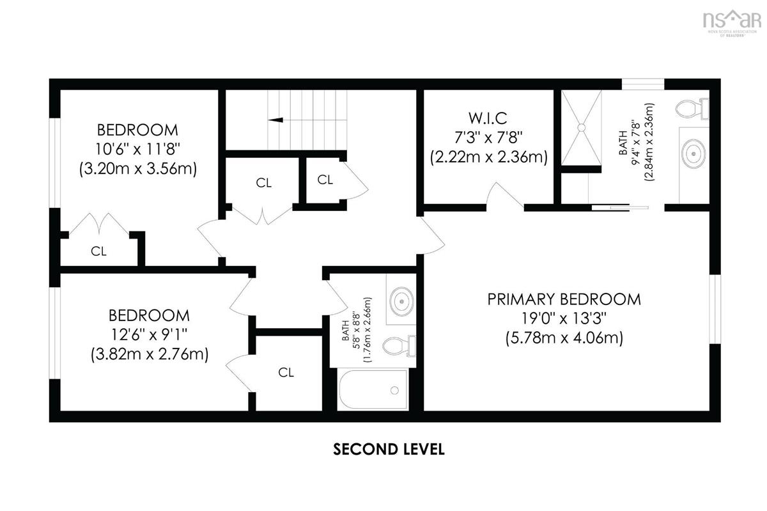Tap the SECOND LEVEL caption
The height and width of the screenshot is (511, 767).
(389, 450)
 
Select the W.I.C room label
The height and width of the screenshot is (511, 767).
(488, 118)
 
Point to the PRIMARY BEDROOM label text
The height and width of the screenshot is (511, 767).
(564, 299)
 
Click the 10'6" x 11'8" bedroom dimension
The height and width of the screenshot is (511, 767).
(137, 149)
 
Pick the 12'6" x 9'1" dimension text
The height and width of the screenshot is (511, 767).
(150, 334)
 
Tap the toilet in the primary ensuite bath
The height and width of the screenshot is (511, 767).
(692, 109)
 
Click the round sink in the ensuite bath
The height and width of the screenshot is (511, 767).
(693, 153)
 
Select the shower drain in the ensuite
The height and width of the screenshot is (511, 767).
(582, 127)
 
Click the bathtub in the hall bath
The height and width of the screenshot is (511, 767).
(373, 389)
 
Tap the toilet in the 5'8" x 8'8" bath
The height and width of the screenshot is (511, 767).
(399, 346)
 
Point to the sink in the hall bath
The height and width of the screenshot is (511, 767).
(401, 302)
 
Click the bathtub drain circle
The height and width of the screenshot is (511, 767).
(394, 390)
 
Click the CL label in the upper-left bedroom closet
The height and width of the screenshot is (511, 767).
(98, 251)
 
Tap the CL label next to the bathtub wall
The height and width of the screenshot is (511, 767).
(286, 372)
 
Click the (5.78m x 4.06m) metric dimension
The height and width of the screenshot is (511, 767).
(564, 338)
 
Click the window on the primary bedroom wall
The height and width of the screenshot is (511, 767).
(715, 309)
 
